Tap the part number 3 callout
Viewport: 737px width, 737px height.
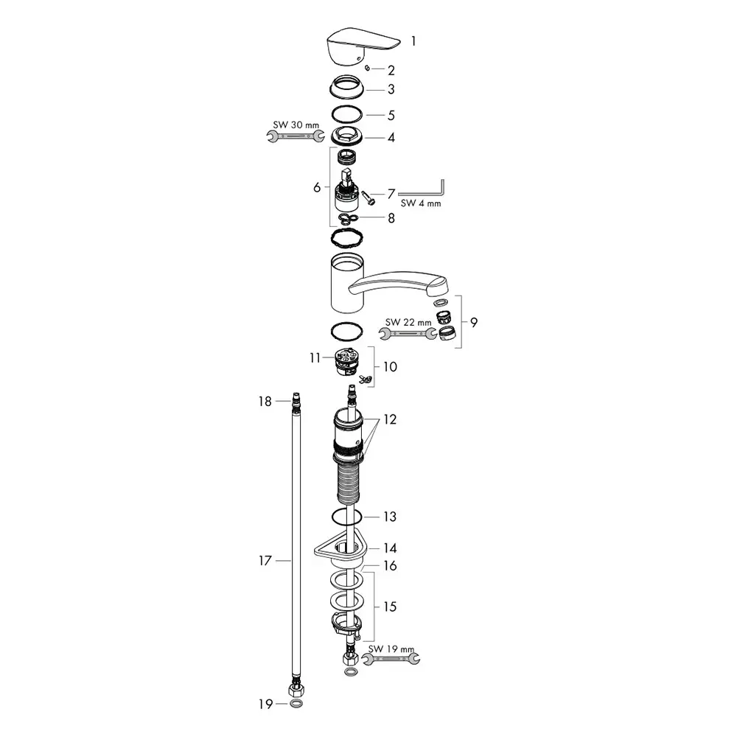pos(391,89)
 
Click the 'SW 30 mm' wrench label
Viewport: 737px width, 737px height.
pos(291,125)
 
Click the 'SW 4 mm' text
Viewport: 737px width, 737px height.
pos(420,203)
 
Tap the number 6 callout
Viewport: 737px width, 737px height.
pos(317,187)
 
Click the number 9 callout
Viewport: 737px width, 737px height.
pos(473,321)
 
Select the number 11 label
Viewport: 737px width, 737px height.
pos(315,358)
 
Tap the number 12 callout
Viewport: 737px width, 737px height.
pos(390,419)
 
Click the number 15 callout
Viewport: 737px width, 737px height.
pos(390,607)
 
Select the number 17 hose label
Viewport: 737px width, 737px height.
pos(264,561)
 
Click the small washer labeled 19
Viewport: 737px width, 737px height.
pos(296,704)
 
